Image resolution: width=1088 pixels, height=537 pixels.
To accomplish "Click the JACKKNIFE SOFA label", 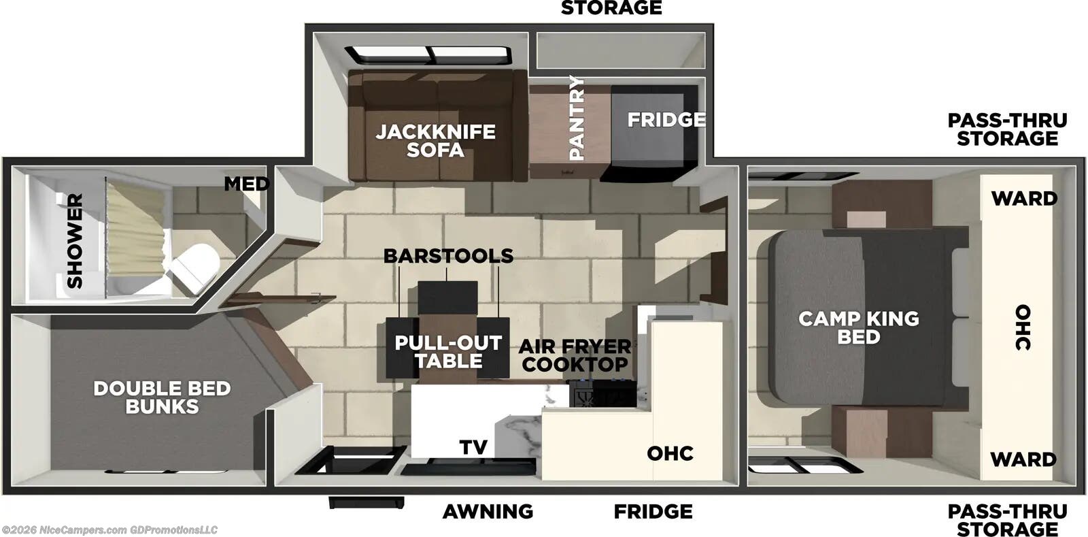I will (435, 140).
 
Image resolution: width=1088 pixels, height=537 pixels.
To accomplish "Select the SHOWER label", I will (74, 240).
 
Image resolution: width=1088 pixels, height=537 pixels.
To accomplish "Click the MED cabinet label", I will (246, 184).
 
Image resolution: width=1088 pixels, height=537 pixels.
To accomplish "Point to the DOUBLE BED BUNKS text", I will (162, 397).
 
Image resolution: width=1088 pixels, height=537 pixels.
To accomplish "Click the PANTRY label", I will (577, 118).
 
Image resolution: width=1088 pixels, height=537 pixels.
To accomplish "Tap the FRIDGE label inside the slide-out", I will (666, 120).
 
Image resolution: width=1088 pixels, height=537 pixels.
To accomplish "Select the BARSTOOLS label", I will (448, 256).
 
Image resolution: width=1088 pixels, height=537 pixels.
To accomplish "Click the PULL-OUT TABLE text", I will (448, 352).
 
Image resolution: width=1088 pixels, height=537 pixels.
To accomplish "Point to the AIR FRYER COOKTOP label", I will (575, 355).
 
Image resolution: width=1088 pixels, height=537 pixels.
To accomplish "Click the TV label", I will (473, 447).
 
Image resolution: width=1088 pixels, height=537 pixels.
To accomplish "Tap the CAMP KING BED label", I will (858, 327).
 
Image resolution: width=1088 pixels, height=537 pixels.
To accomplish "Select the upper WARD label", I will (1023, 199).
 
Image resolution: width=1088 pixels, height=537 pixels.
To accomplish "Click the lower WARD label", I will (1023, 459).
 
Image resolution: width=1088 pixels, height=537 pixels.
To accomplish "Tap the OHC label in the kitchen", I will (670, 453).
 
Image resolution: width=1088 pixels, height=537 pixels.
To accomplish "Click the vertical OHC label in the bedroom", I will (1022, 327).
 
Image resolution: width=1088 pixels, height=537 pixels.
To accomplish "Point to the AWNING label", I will (488, 511).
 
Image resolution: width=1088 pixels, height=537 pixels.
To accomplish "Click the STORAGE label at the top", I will (611, 8).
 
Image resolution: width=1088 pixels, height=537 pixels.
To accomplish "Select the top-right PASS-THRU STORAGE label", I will (1007, 129).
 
